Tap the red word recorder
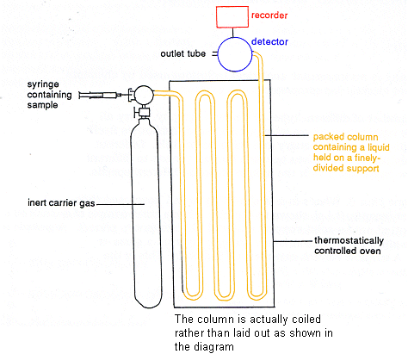(x=269, y=16)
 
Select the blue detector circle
(x=218, y=54)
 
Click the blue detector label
(x=269, y=42)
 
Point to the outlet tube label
(x=182, y=53)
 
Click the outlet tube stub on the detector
(x=214, y=54)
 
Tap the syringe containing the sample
(x=100, y=95)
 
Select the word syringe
(x=43, y=84)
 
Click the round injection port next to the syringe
(x=144, y=95)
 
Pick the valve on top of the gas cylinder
(x=143, y=111)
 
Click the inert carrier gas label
(x=61, y=203)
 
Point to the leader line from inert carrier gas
(x=120, y=204)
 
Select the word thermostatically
(x=349, y=240)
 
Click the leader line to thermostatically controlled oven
(x=294, y=241)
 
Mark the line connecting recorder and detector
(x=232, y=33)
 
